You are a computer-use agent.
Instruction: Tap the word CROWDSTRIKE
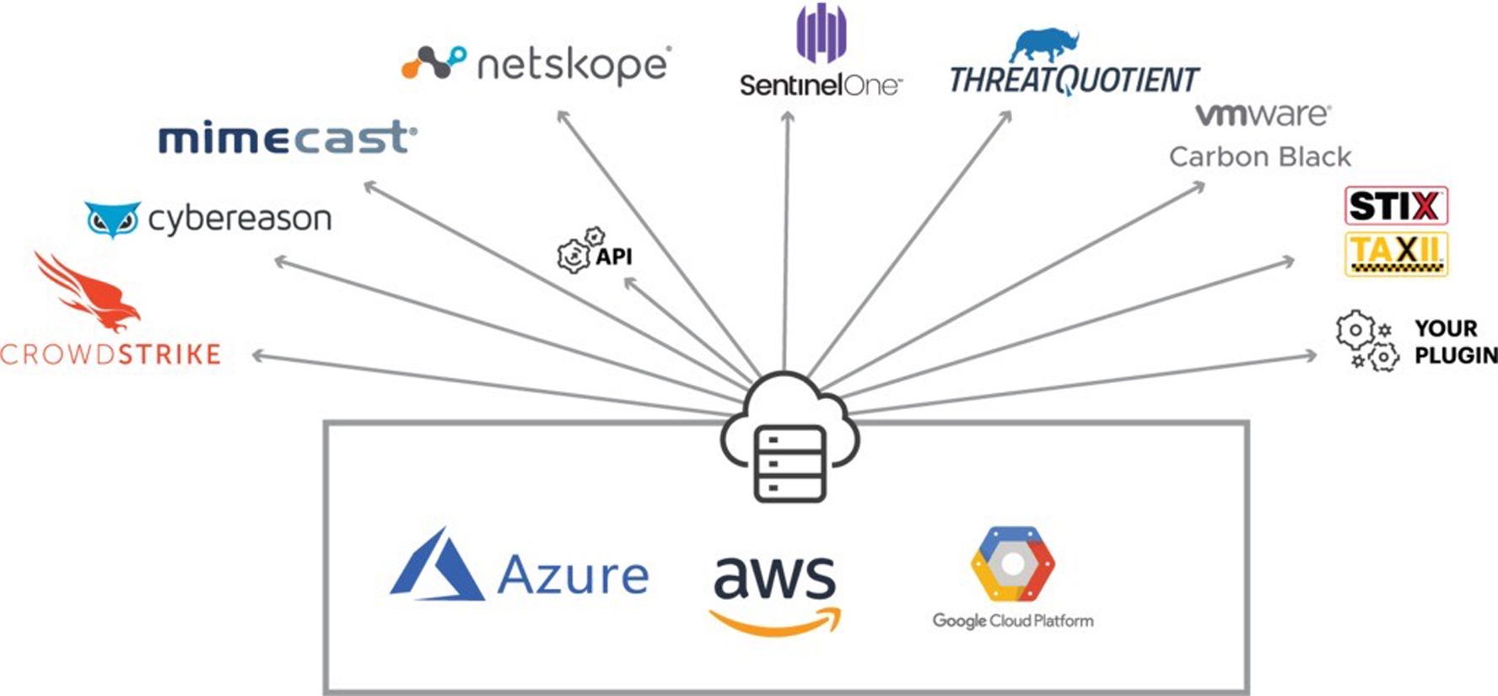click(x=110, y=354)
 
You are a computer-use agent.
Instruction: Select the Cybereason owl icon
click(x=113, y=219)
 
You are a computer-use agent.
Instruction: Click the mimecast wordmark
click(x=288, y=138)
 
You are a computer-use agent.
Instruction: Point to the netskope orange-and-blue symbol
click(x=434, y=62)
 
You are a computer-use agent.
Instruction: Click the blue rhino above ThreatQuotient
click(x=1045, y=46)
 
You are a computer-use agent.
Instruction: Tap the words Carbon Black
click(x=1260, y=157)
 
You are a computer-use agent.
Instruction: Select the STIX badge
click(x=1396, y=206)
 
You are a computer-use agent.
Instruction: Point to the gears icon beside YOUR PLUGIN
click(x=1367, y=341)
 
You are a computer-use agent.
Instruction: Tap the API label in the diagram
click(x=614, y=256)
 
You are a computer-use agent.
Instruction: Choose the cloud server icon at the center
click(x=789, y=437)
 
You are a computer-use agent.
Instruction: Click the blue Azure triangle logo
click(x=438, y=565)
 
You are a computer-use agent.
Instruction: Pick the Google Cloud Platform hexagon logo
click(x=1013, y=564)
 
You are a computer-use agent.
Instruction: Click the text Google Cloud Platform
click(x=1013, y=621)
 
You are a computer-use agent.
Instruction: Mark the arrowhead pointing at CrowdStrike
click(x=259, y=356)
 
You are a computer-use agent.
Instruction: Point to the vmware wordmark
click(x=1263, y=115)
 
